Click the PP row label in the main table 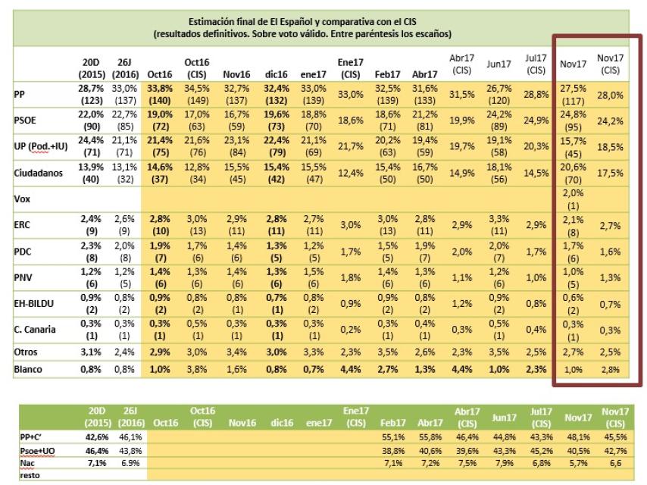tap(20, 95)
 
